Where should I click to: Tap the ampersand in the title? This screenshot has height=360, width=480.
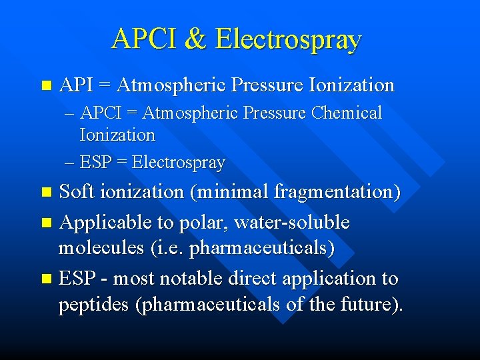click(197, 39)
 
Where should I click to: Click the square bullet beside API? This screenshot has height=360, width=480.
click(45, 85)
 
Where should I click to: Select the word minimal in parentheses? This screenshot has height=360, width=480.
click(230, 192)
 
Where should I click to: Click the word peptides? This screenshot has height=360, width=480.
click(95, 305)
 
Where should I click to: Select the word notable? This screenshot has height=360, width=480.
click(191, 278)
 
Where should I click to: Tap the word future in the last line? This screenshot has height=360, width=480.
click(377, 305)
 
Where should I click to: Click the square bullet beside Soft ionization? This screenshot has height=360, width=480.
click(45, 193)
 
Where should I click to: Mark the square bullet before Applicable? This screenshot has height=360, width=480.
click(45, 223)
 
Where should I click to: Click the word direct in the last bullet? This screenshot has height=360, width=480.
click(258, 278)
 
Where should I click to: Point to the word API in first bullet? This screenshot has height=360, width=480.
click(75, 85)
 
